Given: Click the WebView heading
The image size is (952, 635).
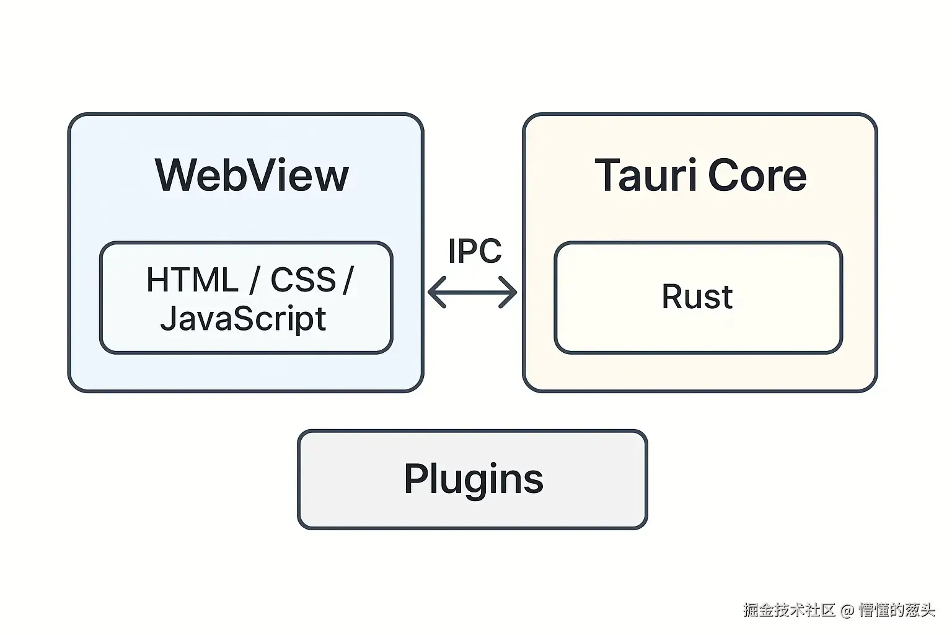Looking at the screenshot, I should click(252, 175).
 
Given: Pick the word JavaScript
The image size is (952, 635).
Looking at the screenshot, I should click(243, 319).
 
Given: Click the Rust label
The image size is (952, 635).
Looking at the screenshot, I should click(697, 296).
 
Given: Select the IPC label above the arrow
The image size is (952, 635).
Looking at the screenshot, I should click(474, 251).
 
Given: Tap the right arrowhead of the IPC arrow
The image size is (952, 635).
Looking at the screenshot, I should click(512, 292).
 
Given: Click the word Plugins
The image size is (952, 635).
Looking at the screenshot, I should click(474, 479).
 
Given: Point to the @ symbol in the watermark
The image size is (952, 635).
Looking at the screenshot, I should click(847, 610).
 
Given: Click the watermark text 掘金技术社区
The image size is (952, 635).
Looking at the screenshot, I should click(789, 610).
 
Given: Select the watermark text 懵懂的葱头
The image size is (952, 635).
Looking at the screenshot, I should click(896, 610).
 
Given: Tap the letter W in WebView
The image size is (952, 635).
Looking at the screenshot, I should click(177, 175).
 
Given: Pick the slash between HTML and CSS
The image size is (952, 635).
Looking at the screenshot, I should click(254, 280).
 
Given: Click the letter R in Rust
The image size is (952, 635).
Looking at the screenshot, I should click(673, 296).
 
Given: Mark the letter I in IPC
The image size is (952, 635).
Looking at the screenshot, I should click(451, 251).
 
